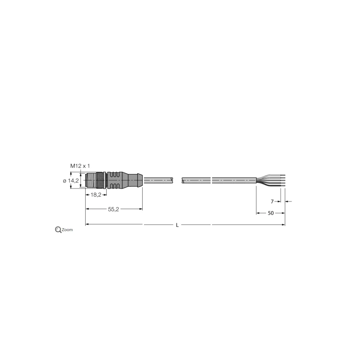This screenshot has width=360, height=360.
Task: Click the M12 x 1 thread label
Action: (80, 166)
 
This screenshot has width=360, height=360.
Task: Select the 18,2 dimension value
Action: (96, 194)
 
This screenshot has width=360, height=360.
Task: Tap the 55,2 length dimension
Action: (113, 209)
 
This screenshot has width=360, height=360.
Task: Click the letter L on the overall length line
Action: (177, 225)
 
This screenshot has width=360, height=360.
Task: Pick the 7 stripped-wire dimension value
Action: (273, 201)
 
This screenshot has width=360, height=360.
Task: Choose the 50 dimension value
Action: (270, 213)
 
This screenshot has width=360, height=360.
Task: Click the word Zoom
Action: (67, 230)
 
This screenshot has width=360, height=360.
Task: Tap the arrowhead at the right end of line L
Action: (283, 225)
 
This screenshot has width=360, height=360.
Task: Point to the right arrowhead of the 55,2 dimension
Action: (141, 209)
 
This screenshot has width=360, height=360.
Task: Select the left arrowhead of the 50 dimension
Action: (258, 213)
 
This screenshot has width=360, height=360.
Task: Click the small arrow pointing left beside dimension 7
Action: (288, 201)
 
